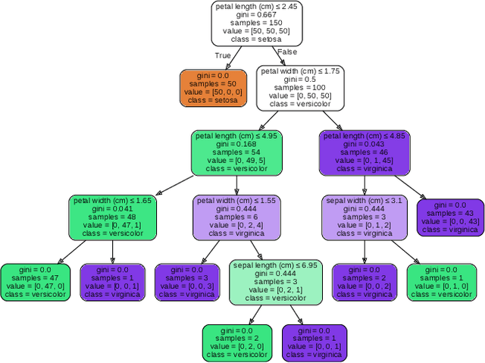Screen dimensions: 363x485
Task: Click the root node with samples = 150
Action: (257, 23)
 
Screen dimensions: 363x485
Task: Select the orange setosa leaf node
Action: (213, 87)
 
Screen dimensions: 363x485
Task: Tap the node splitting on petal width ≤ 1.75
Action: (300, 87)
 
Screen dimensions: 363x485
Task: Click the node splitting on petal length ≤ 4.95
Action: (236, 152)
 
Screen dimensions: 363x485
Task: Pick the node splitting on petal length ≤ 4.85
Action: (365, 152)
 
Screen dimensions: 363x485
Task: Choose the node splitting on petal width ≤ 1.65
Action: (112, 217)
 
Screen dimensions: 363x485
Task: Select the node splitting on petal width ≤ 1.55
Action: (236, 217)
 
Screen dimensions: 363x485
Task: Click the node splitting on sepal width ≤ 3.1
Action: (365, 217)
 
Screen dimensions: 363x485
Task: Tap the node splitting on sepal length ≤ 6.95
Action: (275, 281)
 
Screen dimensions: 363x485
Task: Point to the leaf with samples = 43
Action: (450, 217)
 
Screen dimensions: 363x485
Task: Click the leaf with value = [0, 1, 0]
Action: (440, 281)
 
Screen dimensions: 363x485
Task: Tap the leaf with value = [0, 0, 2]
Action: (365, 281)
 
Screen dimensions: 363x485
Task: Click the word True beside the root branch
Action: (223, 55)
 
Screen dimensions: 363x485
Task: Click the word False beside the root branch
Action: (287, 52)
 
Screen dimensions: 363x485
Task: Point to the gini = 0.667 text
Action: (257, 14)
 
